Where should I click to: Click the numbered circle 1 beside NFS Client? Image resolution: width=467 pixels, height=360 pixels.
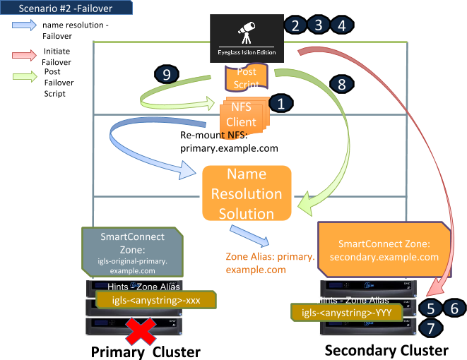point(280,104)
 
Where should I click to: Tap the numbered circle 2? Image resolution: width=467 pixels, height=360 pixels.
point(295,25)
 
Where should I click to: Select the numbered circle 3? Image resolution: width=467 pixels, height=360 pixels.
point(319,25)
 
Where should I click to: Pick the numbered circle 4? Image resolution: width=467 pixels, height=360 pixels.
point(342,25)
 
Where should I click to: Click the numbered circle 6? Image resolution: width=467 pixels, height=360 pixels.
point(454,308)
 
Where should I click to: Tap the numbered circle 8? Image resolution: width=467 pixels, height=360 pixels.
point(341,85)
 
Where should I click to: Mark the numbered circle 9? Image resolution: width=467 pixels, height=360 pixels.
point(167,75)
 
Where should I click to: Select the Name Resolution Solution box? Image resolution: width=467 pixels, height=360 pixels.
point(247,194)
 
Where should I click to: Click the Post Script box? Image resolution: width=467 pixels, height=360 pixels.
point(247,77)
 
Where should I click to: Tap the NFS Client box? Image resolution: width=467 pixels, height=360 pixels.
point(242,115)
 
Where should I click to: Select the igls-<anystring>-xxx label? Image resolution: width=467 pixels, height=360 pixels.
point(155,301)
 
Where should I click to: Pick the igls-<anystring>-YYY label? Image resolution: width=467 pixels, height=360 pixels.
point(346,312)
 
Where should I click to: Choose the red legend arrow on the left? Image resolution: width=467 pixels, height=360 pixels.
point(25,55)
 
